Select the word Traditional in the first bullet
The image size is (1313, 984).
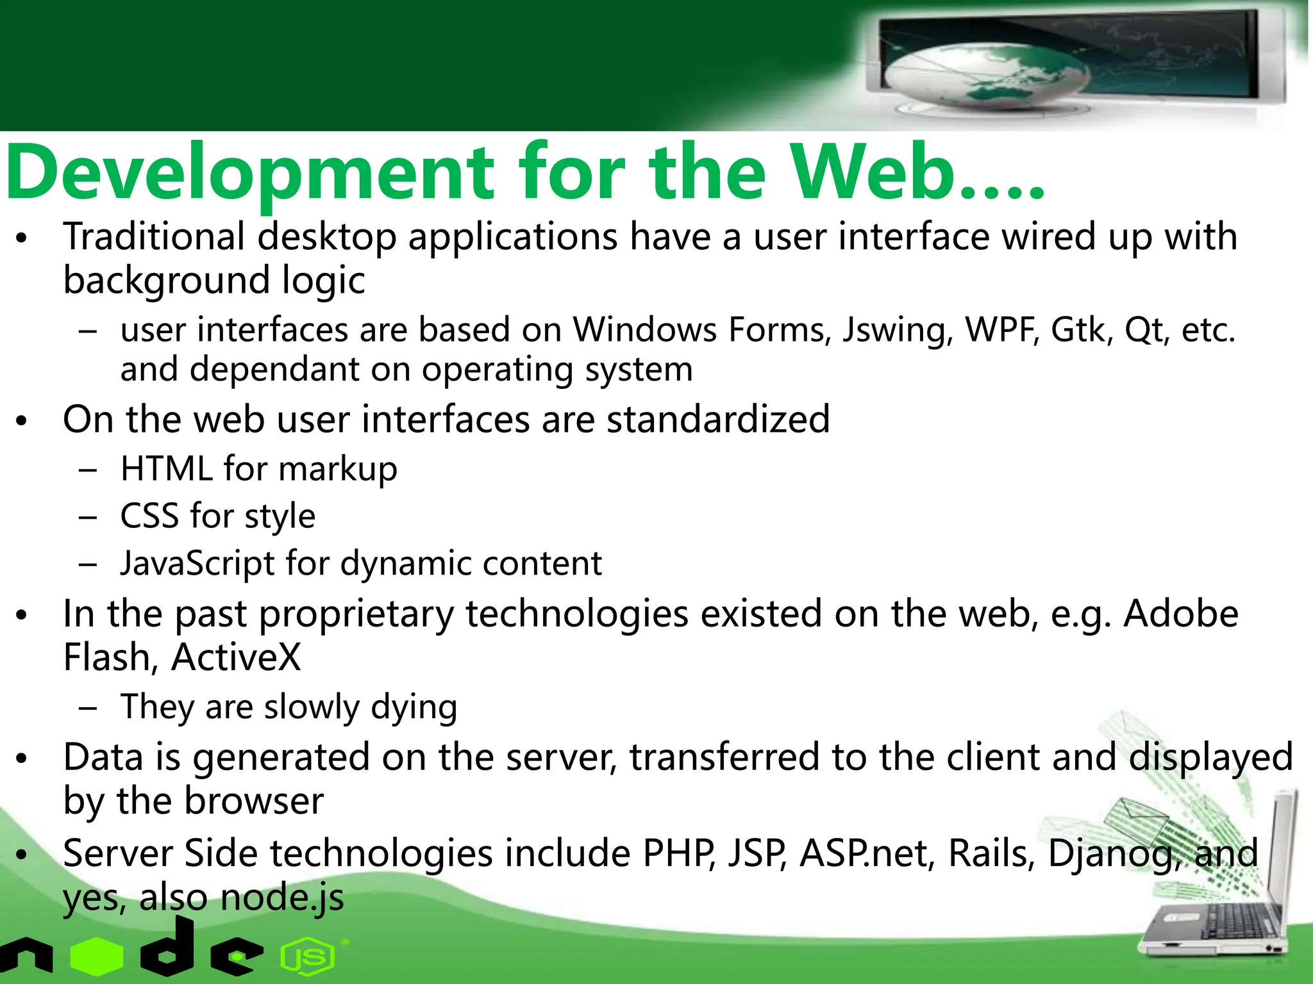tap(154, 236)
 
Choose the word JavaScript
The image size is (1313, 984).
tap(197, 564)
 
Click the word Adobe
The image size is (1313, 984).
tap(1181, 614)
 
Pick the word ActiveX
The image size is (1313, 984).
tap(236, 657)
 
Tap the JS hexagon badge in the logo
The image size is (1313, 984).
tap(308, 957)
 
